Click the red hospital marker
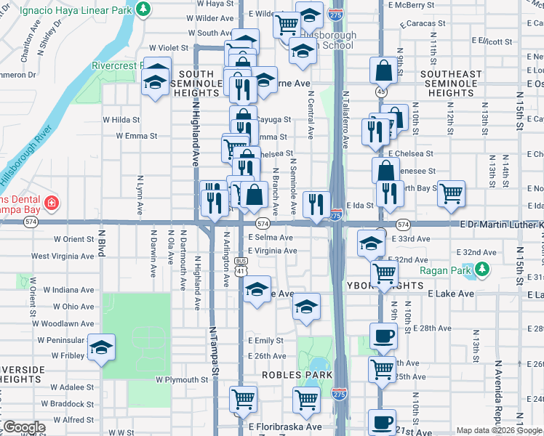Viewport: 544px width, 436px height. [x=52, y=202]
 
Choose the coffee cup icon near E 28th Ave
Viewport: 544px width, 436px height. [x=383, y=335]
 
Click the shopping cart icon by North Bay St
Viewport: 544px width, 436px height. [x=452, y=193]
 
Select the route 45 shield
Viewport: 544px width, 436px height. [x=381, y=92]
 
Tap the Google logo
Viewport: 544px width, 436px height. [x=23, y=427]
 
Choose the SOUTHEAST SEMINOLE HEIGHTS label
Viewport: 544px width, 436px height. [x=451, y=84]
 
